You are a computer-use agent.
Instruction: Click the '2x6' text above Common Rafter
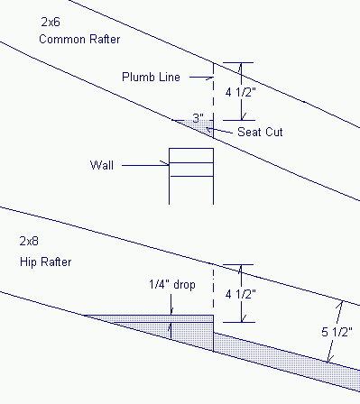point(51,20)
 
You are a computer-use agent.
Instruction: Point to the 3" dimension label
point(198,117)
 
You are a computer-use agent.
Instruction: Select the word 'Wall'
point(102,165)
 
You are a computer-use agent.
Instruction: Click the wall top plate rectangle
point(191,154)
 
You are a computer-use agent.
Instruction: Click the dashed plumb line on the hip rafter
point(214,289)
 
